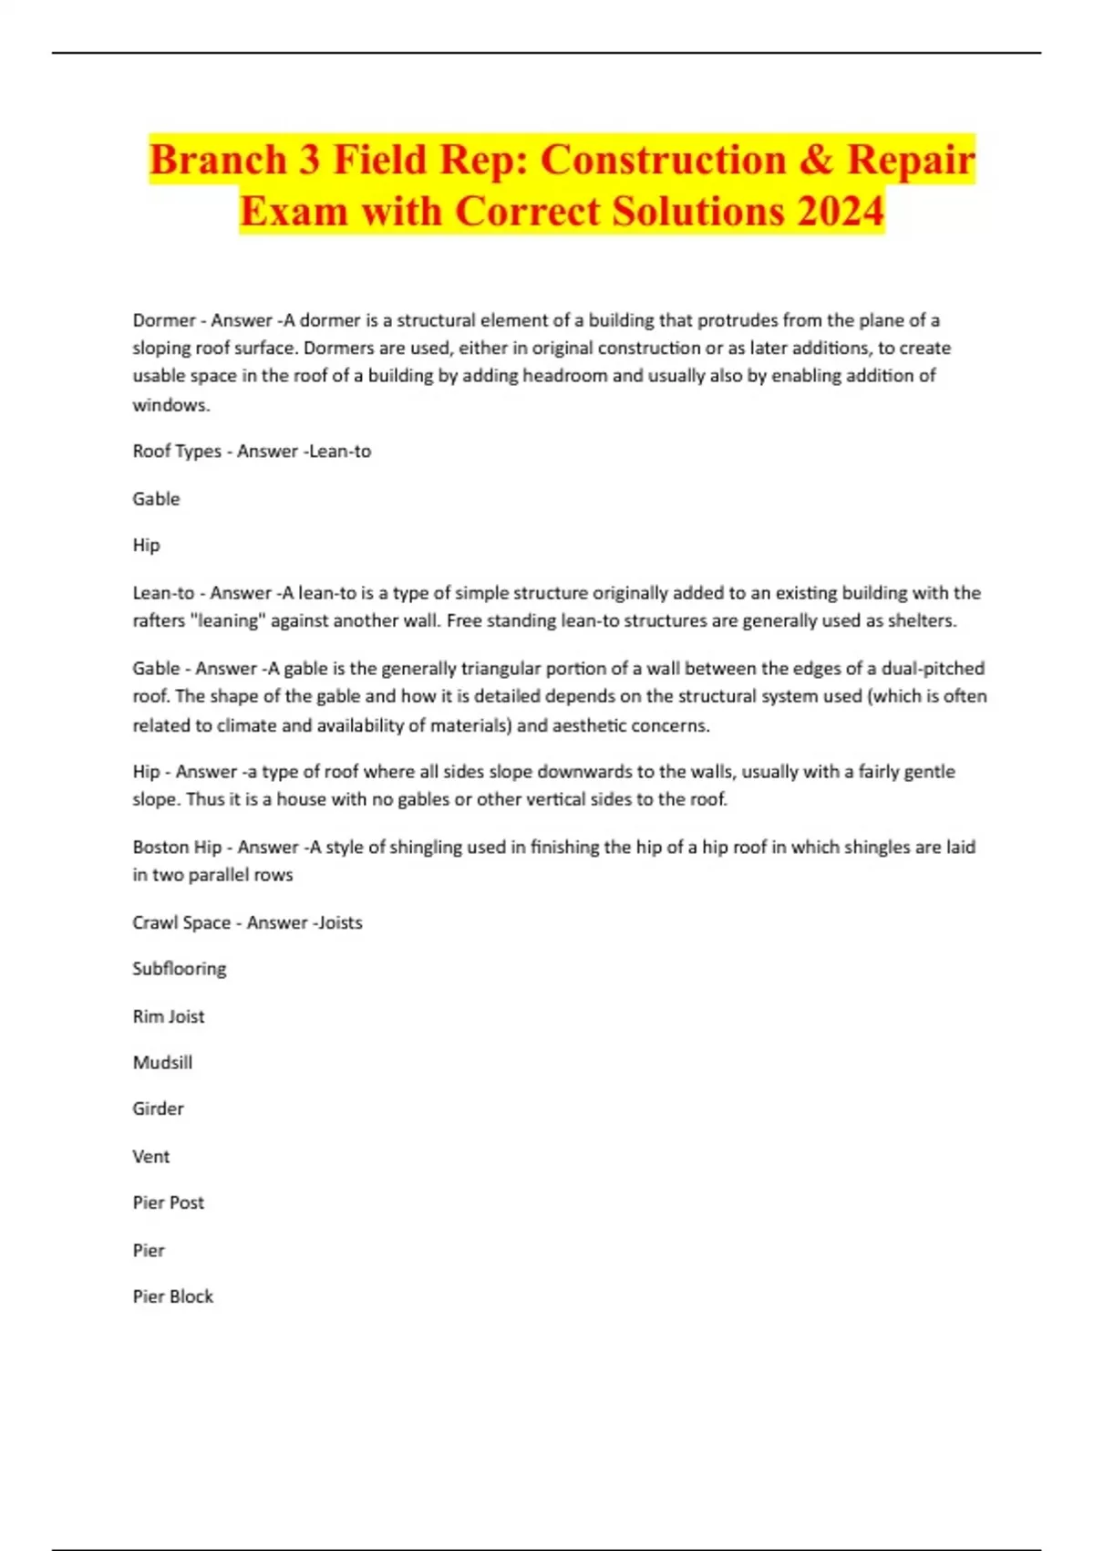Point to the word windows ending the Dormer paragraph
(170, 405)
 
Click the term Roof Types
(177, 452)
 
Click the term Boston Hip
(177, 848)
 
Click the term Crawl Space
(181, 922)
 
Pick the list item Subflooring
(180, 969)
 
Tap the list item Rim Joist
(169, 1016)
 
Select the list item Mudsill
(162, 1063)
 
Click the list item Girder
(158, 1109)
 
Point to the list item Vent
(151, 1157)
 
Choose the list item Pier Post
(169, 1202)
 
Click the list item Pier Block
(173, 1296)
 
